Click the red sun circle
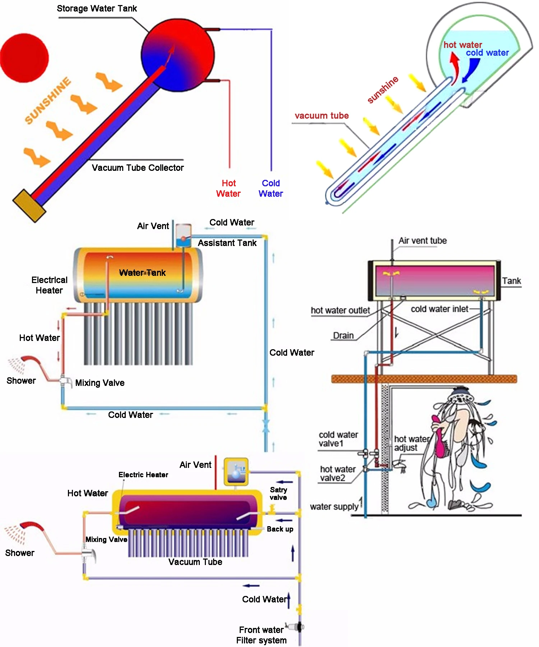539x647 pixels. (24, 58)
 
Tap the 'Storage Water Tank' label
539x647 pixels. (97, 9)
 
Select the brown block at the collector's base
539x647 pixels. (29, 205)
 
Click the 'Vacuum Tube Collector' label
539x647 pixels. (138, 168)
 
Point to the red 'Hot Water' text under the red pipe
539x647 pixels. (229, 188)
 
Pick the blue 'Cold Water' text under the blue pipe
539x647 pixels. (271, 188)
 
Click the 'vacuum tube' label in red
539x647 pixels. (322, 116)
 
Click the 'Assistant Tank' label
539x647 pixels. (227, 243)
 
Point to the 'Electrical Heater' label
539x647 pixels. (49, 285)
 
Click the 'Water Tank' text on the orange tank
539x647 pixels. (142, 273)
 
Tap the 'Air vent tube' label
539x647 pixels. (423, 241)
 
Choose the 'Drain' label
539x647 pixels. (343, 336)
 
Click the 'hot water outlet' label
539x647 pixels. (340, 310)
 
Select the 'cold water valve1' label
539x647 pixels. (338, 439)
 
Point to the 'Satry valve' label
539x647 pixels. (278, 493)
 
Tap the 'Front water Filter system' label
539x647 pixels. (261, 635)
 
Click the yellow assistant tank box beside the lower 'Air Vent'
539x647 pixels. (236, 471)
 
